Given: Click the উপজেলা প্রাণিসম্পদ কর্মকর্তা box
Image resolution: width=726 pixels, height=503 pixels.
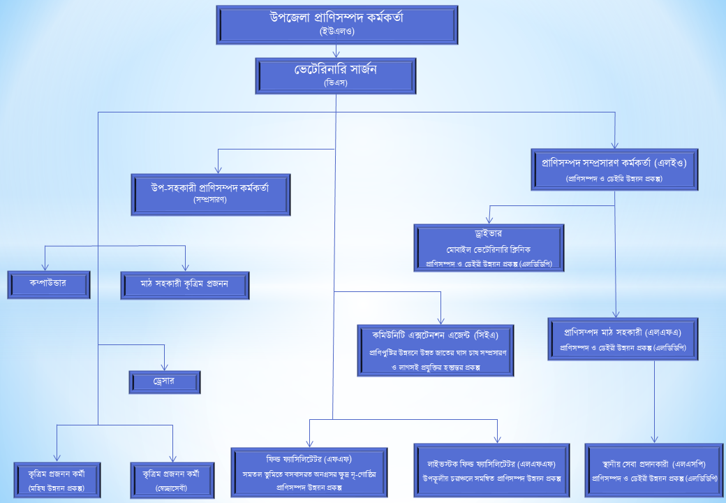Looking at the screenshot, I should (336, 25).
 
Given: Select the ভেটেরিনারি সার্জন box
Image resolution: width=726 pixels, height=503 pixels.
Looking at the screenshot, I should (336, 76).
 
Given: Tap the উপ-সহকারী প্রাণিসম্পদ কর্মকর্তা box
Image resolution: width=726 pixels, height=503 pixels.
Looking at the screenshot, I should (211, 194).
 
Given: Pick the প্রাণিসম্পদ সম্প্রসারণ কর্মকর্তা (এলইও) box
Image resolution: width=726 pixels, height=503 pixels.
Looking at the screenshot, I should (614, 169).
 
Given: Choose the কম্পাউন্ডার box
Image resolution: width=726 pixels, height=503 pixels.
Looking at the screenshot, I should (49, 284).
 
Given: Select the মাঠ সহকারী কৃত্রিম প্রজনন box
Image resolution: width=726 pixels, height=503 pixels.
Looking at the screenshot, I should (185, 285).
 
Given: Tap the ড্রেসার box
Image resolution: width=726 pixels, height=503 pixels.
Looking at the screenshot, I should (165, 382).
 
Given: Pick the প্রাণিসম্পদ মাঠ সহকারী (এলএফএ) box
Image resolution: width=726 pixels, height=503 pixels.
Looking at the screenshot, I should (623, 339).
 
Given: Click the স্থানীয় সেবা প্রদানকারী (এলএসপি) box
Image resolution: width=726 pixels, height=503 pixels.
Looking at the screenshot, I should (654, 469).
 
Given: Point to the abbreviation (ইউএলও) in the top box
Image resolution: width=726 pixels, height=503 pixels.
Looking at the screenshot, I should (336, 32).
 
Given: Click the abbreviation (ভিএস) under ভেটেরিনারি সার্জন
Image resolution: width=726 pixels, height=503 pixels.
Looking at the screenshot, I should (336, 84).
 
